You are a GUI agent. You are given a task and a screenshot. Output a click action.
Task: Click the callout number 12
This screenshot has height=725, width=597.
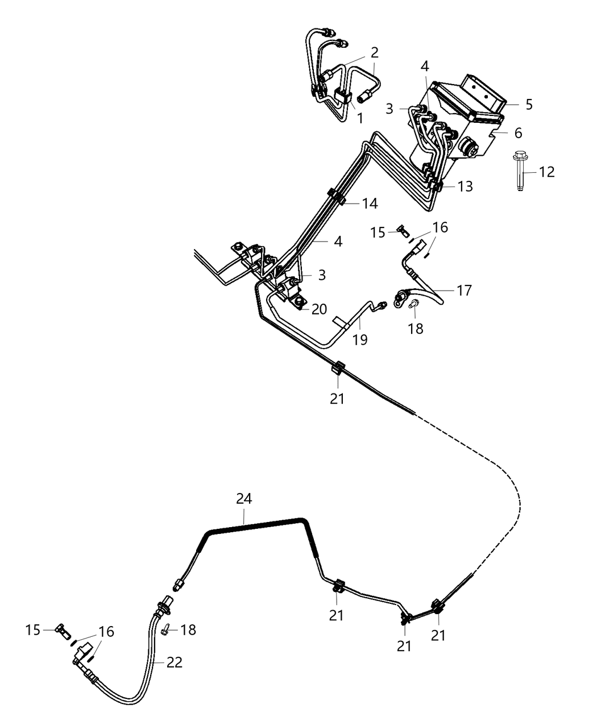[x=546, y=172]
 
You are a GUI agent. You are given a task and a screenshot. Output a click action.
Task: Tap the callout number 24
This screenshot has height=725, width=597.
[x=244, y=499]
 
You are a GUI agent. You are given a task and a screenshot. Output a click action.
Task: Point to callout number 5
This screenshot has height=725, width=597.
[x=529, y=105]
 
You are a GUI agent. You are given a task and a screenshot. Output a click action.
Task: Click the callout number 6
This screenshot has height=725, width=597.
[x=517, y=133]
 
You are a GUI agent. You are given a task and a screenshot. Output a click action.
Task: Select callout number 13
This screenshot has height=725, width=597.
[x=465, y=187]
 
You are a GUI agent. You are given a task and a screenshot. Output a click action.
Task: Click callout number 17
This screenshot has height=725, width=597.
[x=464, y=291]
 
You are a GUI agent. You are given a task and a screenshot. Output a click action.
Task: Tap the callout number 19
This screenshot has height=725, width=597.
[x=359, y=339]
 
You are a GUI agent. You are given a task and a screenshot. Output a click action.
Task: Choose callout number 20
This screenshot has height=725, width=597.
[x=319, y=309]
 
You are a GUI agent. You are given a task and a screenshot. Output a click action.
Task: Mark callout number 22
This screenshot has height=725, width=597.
[x=175, y=662]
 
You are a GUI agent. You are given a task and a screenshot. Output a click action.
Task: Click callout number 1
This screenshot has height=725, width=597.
[x=359, y=118]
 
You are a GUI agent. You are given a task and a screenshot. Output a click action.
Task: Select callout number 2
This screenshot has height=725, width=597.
[x=374, y=53]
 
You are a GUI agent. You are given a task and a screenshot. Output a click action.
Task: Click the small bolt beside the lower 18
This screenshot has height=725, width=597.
[x=165, y=627]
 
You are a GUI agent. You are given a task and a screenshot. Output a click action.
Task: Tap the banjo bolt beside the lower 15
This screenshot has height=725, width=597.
[x=61, y=630]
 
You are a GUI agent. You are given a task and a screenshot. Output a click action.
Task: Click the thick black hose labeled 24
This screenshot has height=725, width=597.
[x=256, y=524]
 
